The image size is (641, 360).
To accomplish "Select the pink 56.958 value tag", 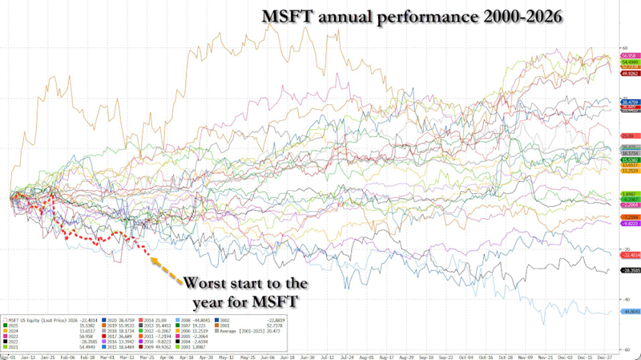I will point(623,55).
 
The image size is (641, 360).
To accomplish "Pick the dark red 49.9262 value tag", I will point(623,73).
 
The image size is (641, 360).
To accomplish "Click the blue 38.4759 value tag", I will point(623,103).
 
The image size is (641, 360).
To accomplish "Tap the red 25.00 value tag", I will point(623,136).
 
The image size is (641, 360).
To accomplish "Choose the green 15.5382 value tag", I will point(623,160).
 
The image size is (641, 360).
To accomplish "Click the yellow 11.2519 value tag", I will point(623,171).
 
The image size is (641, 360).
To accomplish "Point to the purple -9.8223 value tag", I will point(623,224).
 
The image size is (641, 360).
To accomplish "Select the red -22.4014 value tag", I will point(623,255).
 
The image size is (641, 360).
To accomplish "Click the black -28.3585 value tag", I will point(623,270).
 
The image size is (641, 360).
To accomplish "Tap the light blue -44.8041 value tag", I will point(623,311).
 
